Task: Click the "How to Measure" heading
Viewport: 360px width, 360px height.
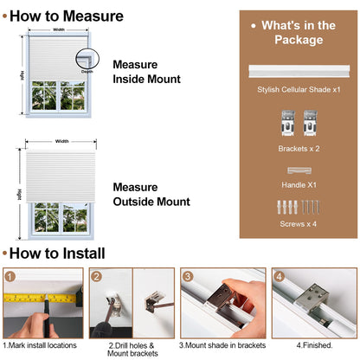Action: [x=67, y=16]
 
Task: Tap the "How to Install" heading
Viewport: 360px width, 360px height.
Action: [x=57, y=254]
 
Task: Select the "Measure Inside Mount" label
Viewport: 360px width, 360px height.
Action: [x=146, y=72]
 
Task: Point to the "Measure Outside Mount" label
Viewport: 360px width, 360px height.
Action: [x=151, y=195]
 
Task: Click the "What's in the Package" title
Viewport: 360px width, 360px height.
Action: [x=299, y=33]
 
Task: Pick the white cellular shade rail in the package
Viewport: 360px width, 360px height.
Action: [x=299, y=71]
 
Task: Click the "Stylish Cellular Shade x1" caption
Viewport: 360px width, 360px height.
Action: [x=299, y=89]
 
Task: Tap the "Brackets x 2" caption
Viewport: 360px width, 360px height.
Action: [x=299, y=149]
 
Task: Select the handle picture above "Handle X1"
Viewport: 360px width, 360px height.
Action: [x=299, y=170]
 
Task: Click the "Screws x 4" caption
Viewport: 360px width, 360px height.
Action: [x=299, y=224]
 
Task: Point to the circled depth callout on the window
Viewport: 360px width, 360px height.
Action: [x=87, y=59]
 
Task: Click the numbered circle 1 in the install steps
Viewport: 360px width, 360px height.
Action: [x=10, y=277]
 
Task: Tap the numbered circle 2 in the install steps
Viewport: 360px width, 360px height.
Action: [x=96, y=277]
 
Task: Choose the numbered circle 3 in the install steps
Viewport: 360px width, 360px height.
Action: [x=188, y=277]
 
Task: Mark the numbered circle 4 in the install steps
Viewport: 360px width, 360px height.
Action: [x=279, y=277]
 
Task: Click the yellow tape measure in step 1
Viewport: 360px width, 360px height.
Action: [x=41, y=298]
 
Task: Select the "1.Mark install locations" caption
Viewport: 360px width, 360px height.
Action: [x=40, y=345]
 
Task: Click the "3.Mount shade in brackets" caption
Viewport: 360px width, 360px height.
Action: [x=222, y=345]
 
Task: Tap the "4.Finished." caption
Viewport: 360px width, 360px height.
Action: [x=314, y=345]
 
